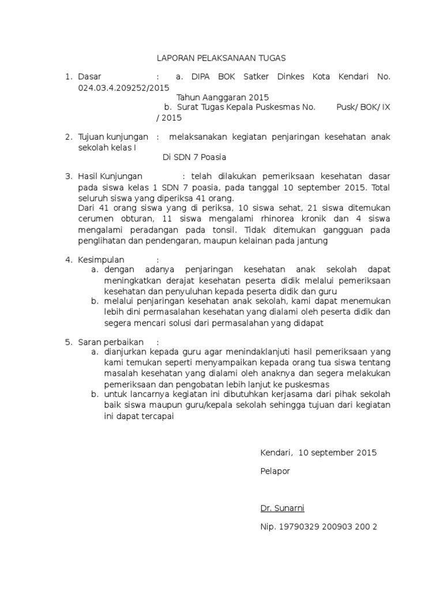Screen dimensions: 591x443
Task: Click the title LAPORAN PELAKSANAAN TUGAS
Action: click(222, 58)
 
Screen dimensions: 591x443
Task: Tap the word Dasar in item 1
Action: click(89, 76)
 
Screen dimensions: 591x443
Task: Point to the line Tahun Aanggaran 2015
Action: click(222, 98)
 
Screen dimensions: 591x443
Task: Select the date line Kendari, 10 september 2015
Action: click(318, 452)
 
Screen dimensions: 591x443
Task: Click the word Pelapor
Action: click(275, 471)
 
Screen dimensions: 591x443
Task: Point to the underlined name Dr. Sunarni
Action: click(282, 508)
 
